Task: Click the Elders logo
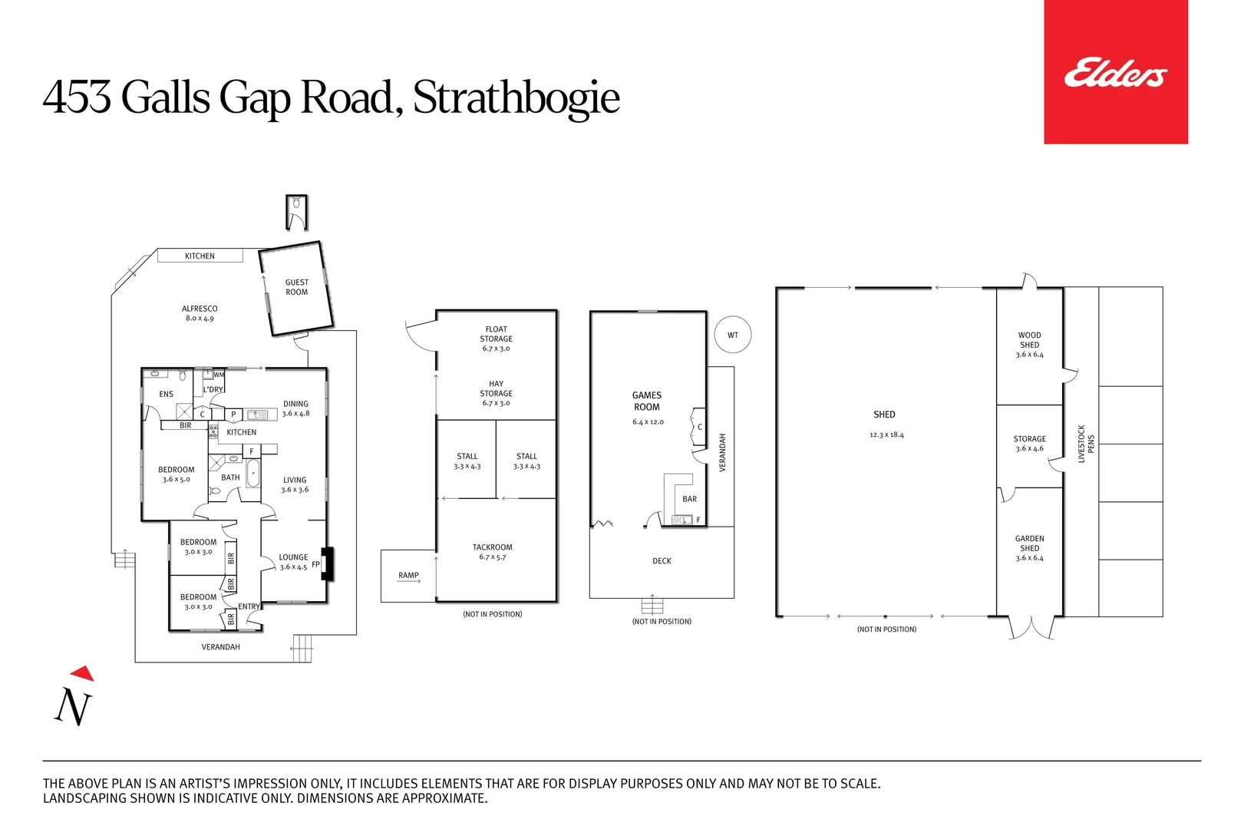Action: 1115,74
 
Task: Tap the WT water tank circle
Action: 733,335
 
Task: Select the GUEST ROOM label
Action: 296,287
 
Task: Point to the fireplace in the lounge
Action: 327,563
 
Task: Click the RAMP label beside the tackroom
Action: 408,575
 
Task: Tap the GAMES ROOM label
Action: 646,401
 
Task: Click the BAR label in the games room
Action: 689,499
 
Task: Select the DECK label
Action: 662,561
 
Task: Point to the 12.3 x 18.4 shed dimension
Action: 886,435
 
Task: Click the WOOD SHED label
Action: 1029,340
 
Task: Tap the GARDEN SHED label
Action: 1029,543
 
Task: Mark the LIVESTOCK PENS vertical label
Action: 1086,444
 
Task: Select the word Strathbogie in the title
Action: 516,97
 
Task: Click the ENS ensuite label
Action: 166,394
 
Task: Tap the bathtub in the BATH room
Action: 252,473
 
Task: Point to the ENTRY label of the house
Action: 249,606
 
